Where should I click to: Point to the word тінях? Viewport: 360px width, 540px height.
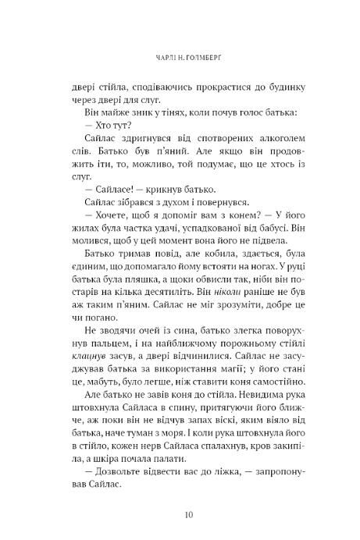click(148, 113)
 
